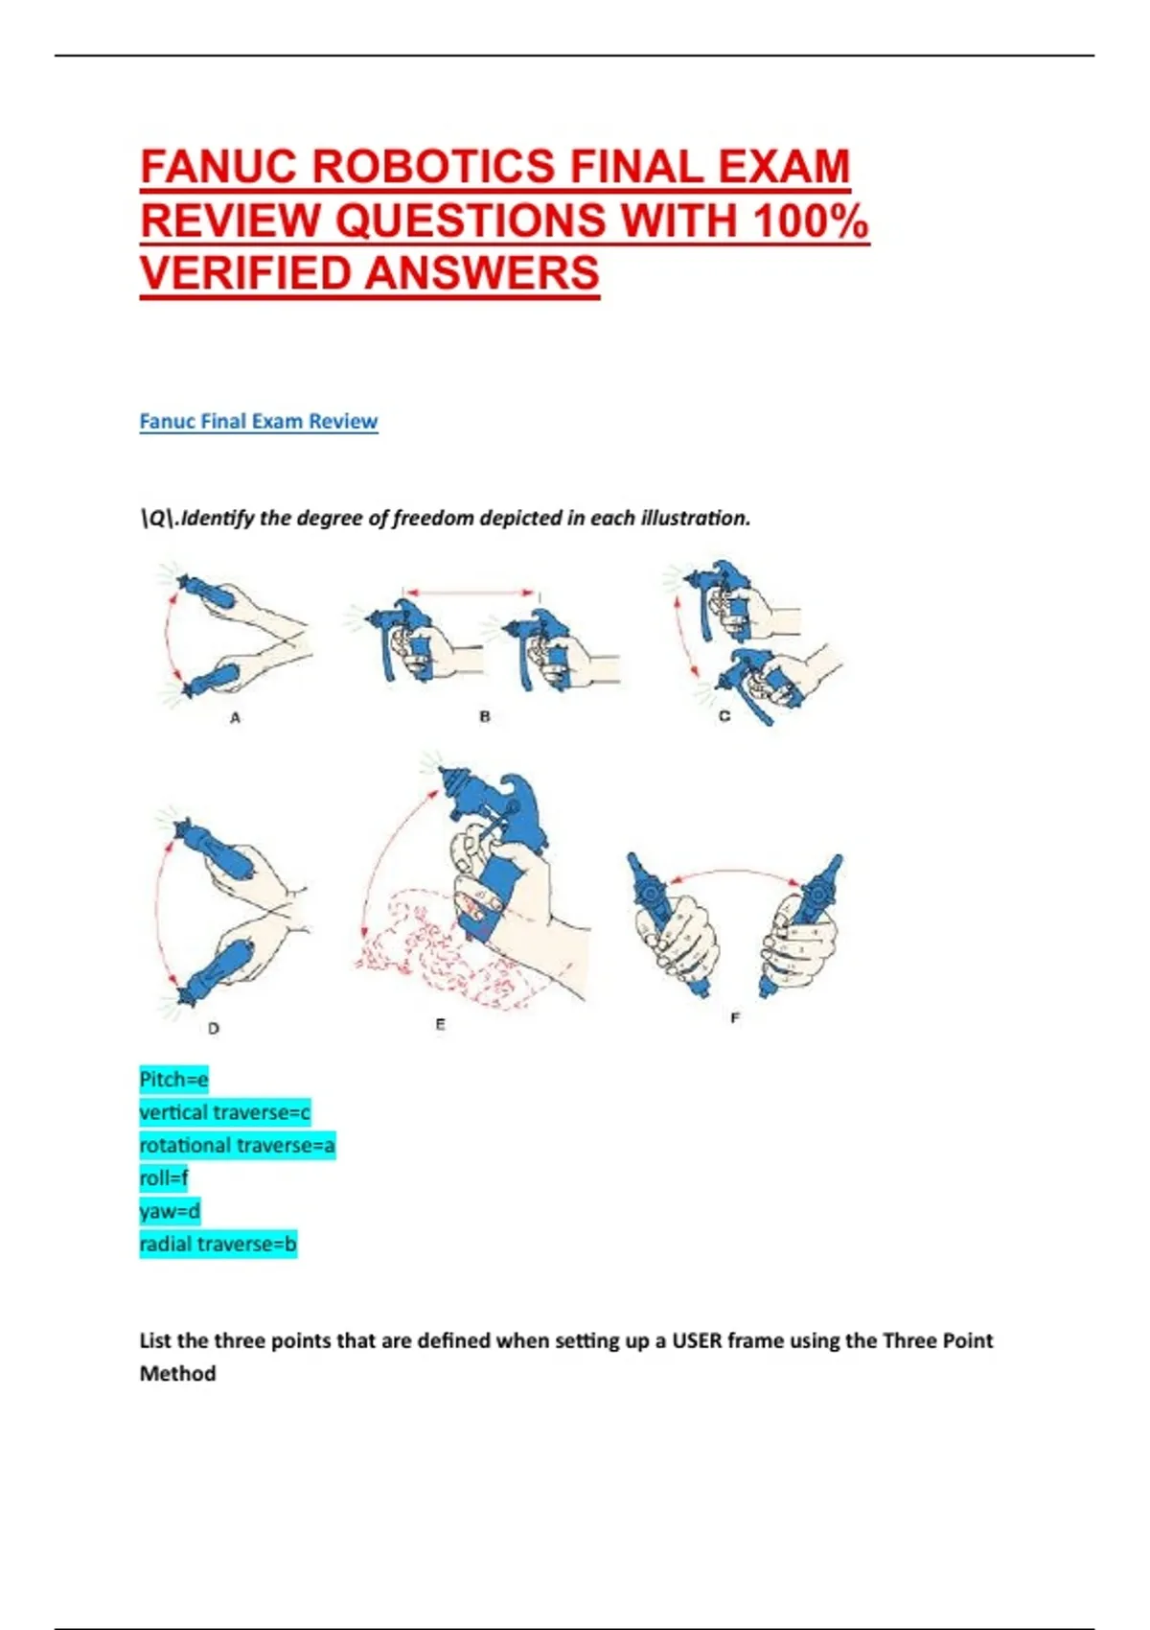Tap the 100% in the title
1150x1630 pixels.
pos(811,220)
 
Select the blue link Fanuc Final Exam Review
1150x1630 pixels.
pos(258,421)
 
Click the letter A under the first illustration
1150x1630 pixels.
pos(235,717)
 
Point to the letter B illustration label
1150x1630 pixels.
pos(485,716)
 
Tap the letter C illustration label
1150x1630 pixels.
pos(724,716)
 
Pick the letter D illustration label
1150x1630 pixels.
pos(213,1028)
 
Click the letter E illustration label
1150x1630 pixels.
pos(440,1025)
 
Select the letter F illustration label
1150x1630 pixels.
pos(735,1018)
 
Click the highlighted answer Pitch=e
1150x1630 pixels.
pos(173,1079)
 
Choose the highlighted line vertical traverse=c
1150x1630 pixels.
pos(225,1112)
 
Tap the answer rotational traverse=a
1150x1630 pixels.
pos(237,1146)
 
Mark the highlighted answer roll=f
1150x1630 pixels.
pos(164,1177)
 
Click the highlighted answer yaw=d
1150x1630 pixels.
pos(170,1211)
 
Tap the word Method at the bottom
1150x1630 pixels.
pos(177,1374)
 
